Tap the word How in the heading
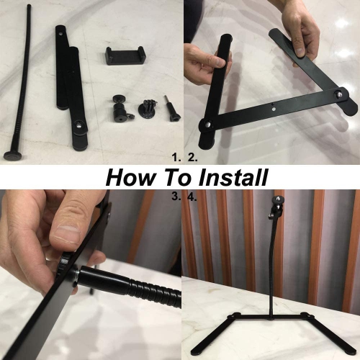129,176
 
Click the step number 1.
174,156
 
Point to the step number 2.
192,156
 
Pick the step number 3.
175,195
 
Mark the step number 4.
192,195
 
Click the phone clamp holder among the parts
125,55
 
